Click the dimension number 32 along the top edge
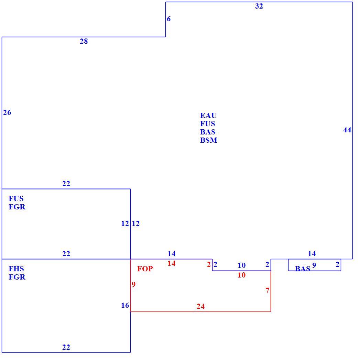[x=259, y=6]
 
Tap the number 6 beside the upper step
[x=169, y=19]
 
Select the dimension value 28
[x=84, y=41]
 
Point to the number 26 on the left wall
[x=7, y=112]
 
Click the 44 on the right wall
[x=347, y=130]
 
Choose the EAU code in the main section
[x=208, y=115]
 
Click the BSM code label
[x=209, y=140]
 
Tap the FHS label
[x=16, y=269]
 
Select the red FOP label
[x=145, y=269]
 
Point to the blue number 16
[x=125, y=305]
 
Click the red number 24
[x=201, y=306]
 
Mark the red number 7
[x=268, y=291]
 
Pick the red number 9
[x=134, y=284]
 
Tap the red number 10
[x=241, y=275]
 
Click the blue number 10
[x=241, y=265]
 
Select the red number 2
[x=209, y=264]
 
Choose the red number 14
[x=172, y=263]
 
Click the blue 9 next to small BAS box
[x=314, y=265]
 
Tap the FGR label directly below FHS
[x=17, y=277]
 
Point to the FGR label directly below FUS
[x=17, y=207]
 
